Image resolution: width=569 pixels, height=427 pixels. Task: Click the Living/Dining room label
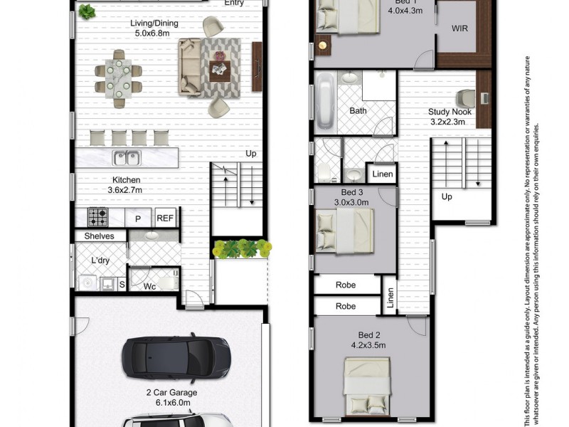[x=154, y=28]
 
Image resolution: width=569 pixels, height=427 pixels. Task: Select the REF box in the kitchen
[x=165, y=218]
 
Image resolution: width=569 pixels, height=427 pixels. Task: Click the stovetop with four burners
[x=97, y=216]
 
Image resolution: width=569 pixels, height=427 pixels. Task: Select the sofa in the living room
[x=191, y=67]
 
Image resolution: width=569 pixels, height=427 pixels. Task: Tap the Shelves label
[x=99, y=236]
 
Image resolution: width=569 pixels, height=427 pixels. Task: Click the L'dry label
[x=99, y=261]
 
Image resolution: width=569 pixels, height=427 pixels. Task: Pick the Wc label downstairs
[x=149, y=287]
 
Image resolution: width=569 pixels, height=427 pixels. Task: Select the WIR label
[x=459, y=29]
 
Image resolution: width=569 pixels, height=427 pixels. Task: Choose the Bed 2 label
[x=368, y=339]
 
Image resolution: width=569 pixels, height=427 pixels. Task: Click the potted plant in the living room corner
[x=87, y=11]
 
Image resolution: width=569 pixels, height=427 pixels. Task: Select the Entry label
[x=234, y=3]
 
